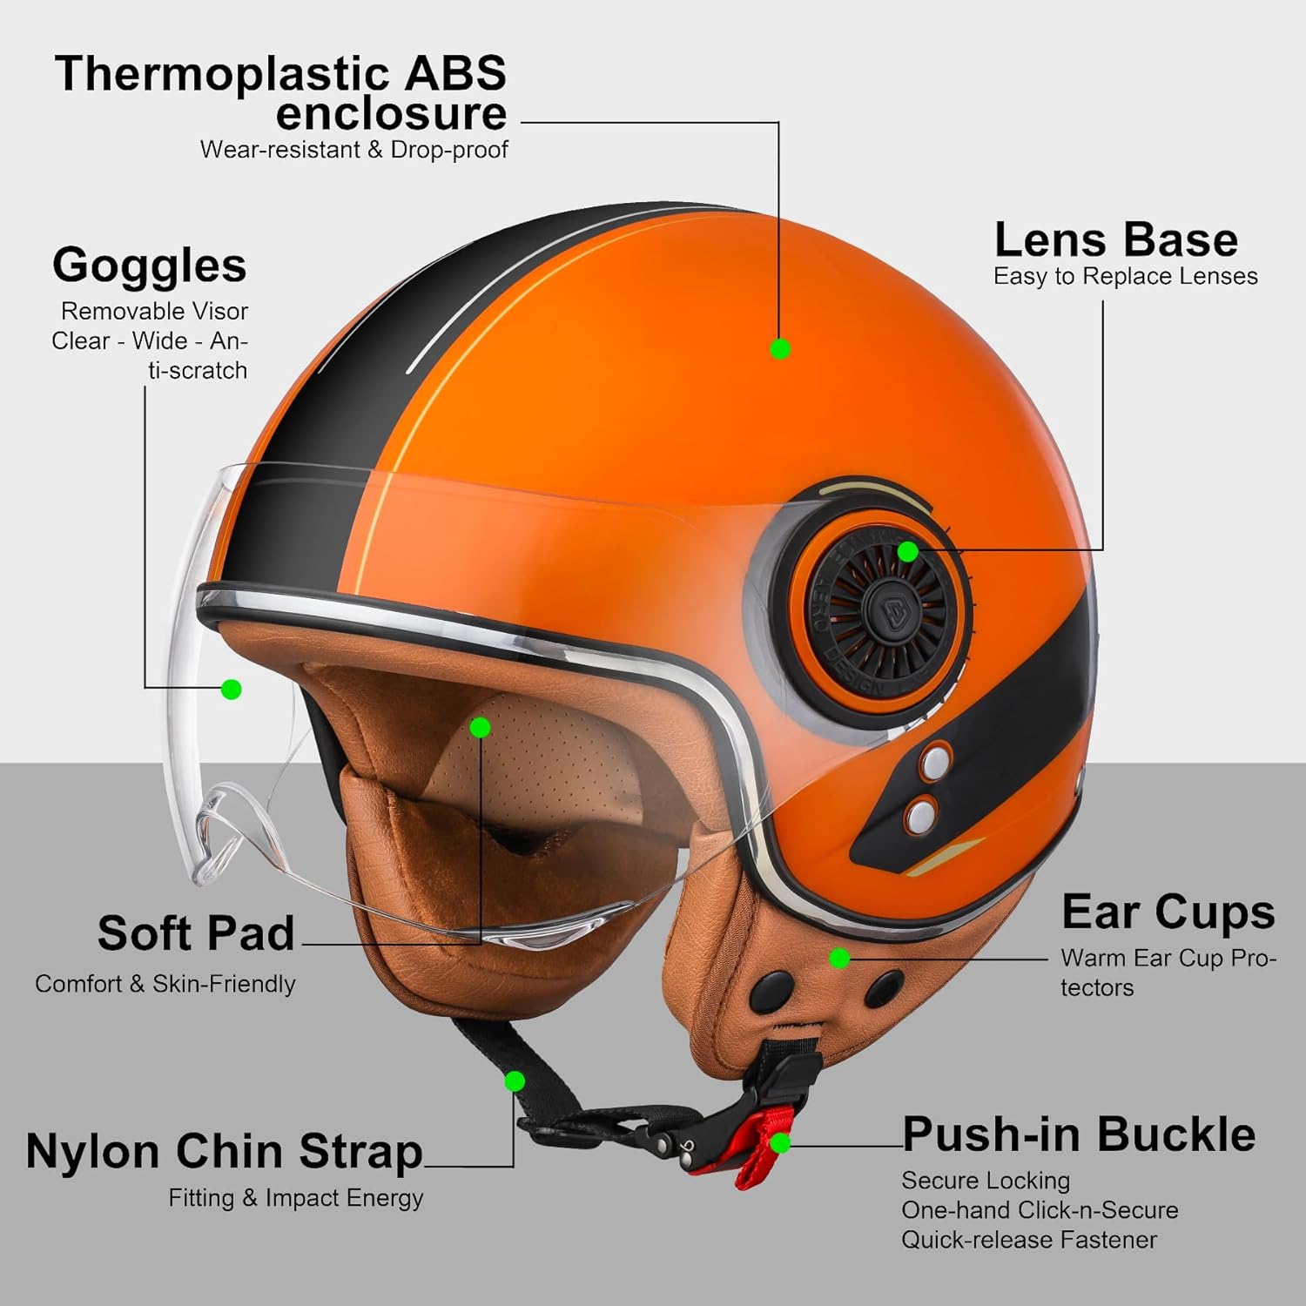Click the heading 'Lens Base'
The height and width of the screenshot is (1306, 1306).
point(1115,239)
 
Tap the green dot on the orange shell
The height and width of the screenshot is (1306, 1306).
point(780,348)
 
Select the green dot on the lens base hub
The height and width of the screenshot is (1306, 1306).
point(907,551)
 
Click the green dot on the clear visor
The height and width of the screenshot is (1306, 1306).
point(231,690)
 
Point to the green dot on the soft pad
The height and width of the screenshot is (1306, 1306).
point(481,727)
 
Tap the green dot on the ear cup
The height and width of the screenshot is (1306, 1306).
point(839,959)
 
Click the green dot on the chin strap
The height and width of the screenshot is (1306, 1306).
point(515,1081)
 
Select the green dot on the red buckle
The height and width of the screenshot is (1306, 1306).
point(780,1143)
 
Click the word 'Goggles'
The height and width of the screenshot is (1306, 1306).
point(149,265)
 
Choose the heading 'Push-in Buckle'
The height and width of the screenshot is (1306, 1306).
point(1079,1134)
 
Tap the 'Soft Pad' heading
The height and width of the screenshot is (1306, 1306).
point(196,933)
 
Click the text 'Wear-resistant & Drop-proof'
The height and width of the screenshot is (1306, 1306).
point(353,150)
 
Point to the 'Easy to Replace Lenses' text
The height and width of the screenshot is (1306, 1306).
point(1125,276)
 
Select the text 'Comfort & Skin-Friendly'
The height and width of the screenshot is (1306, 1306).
point(165,984)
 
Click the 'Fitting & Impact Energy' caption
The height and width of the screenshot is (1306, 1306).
point(296,1198)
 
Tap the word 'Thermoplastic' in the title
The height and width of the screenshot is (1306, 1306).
point(218,73)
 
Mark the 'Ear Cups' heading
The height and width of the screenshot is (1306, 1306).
point(1168,912)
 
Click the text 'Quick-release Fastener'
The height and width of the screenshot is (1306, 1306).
point(1029,1240)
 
